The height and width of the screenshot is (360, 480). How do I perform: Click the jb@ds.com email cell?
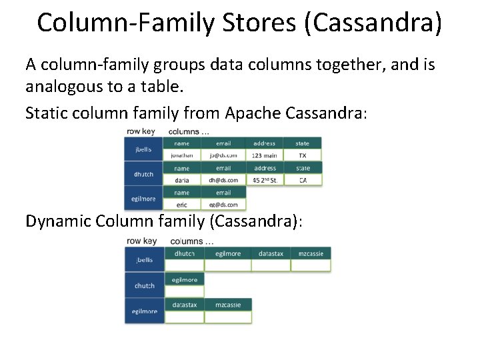[224, 155]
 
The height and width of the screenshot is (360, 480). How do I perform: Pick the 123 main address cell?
[265, 155]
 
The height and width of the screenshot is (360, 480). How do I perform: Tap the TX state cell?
[303, 155]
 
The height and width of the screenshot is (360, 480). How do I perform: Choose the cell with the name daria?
[182, 180]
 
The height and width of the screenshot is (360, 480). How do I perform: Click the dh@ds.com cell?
[224, 180]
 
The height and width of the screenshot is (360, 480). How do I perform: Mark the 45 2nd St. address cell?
[265, 180]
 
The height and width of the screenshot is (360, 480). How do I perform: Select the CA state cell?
[303, 180]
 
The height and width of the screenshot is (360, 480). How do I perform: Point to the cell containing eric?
[182, 205]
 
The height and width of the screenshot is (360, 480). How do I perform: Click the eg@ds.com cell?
[224, 205]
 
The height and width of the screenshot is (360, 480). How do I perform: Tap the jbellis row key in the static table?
[144, 149]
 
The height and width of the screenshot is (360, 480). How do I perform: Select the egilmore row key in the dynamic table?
[145, 311]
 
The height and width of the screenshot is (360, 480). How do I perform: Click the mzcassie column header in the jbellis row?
[311, 253]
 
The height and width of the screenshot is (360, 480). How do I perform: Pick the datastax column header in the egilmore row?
[185, 305]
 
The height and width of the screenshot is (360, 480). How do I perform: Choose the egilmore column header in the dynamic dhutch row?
[185, 279]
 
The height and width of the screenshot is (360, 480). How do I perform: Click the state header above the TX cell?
[303, 143]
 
